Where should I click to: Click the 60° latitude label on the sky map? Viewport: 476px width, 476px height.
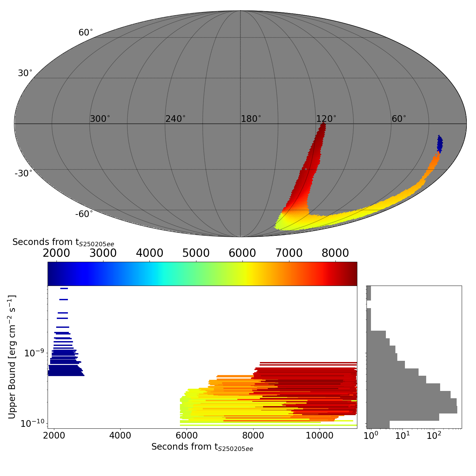pyautogui.click(x=86, y=33)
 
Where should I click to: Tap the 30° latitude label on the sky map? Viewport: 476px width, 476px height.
pyautogui.click(x=25, y=73)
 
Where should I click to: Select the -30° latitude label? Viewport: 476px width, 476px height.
pyautogui.click(x=23, y=174)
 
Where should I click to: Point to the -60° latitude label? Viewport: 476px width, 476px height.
pyautogui.click(x=84, y=214)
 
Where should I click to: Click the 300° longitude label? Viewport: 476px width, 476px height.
pyautogui.click(x=100, y=119)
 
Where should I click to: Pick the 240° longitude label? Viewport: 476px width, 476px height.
pyautogui.click(x=175, y=119)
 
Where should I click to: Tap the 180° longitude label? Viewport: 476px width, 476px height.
pyautogui.click(x=251, y=119)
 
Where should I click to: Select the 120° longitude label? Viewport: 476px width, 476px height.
pyautogui.click(x=326, y=119)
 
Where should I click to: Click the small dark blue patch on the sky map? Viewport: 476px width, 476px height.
pyautogui.click(x=440, y=144)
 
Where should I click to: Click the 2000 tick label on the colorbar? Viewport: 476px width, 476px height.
pyautogui.click(x=56, y=253)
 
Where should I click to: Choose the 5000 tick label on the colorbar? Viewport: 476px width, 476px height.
pyautogui.click(x=196, y=253)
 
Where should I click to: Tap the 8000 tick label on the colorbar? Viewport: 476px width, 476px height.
pyautogui.click(x=335, y=253)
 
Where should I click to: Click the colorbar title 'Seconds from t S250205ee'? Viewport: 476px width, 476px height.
pyautogui.click(x=63, y=242)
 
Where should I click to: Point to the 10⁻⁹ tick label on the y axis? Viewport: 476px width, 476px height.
pyautogui.click(x=35, y=353)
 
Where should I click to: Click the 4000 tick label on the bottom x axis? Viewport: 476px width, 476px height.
pyautogui.click(x=120, y=435)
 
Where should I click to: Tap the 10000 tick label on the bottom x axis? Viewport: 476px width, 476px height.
pyautogui.click(x=319, y=435)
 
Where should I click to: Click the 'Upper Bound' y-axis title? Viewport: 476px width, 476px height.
pyautogui.click(x=12, y=357)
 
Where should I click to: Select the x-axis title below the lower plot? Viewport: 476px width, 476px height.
pyautogui.click(x=202, y=447)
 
